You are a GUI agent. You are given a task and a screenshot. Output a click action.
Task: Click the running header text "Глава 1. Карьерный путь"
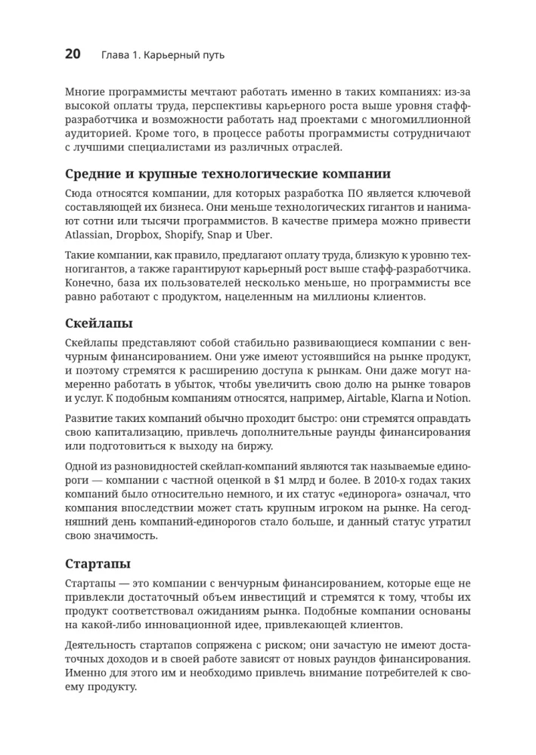[x=163, y=55]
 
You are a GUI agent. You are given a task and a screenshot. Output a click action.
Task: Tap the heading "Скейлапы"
[x=99, y=324]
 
